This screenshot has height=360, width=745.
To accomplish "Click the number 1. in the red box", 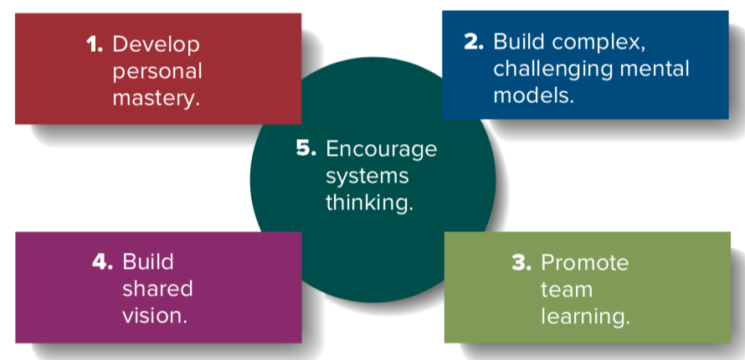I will [x=95, y=44].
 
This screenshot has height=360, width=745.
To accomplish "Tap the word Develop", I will [x=156, y=44].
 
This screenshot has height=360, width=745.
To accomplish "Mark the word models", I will [x=533, y=95].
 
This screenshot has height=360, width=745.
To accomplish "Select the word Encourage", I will [x=381, y=149].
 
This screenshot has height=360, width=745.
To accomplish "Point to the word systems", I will [x=367, y=177].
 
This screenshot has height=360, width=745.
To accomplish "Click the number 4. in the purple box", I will [x=104, y=261].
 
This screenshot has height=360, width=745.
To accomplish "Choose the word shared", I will [x=157, y=289].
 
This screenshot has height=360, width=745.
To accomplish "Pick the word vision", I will [x=154, y=316].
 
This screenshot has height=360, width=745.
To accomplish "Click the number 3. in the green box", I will [x=521, y=263].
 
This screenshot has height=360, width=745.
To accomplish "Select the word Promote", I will [x=584, y=263].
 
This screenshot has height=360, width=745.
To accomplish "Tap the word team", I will [x=567, y=290].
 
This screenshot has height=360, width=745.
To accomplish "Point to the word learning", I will [x=584, y=316].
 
